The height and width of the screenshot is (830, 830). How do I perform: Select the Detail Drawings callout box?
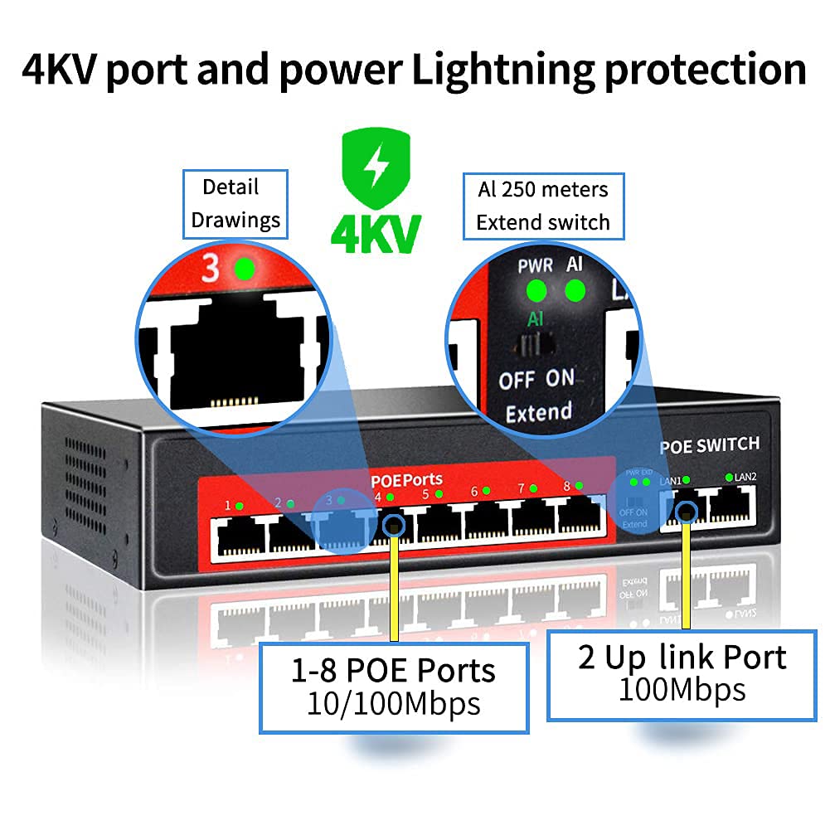point(235,204)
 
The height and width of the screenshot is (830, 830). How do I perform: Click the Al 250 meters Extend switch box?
point(543,206)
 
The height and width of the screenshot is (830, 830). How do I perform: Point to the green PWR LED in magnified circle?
point(536,291)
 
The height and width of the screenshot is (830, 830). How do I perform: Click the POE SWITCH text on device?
point(709,445)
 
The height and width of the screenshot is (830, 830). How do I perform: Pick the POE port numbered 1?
point(240,536)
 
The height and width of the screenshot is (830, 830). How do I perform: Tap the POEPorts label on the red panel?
point(406,479)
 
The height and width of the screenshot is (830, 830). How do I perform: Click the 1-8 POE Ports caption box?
point(394,686)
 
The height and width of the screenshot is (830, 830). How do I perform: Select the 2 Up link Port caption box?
point(682,673)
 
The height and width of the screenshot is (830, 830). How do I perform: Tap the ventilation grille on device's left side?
point(86,480)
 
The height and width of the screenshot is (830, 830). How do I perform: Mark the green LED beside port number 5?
point(439,494)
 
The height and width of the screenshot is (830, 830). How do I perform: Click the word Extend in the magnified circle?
point(539,412)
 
